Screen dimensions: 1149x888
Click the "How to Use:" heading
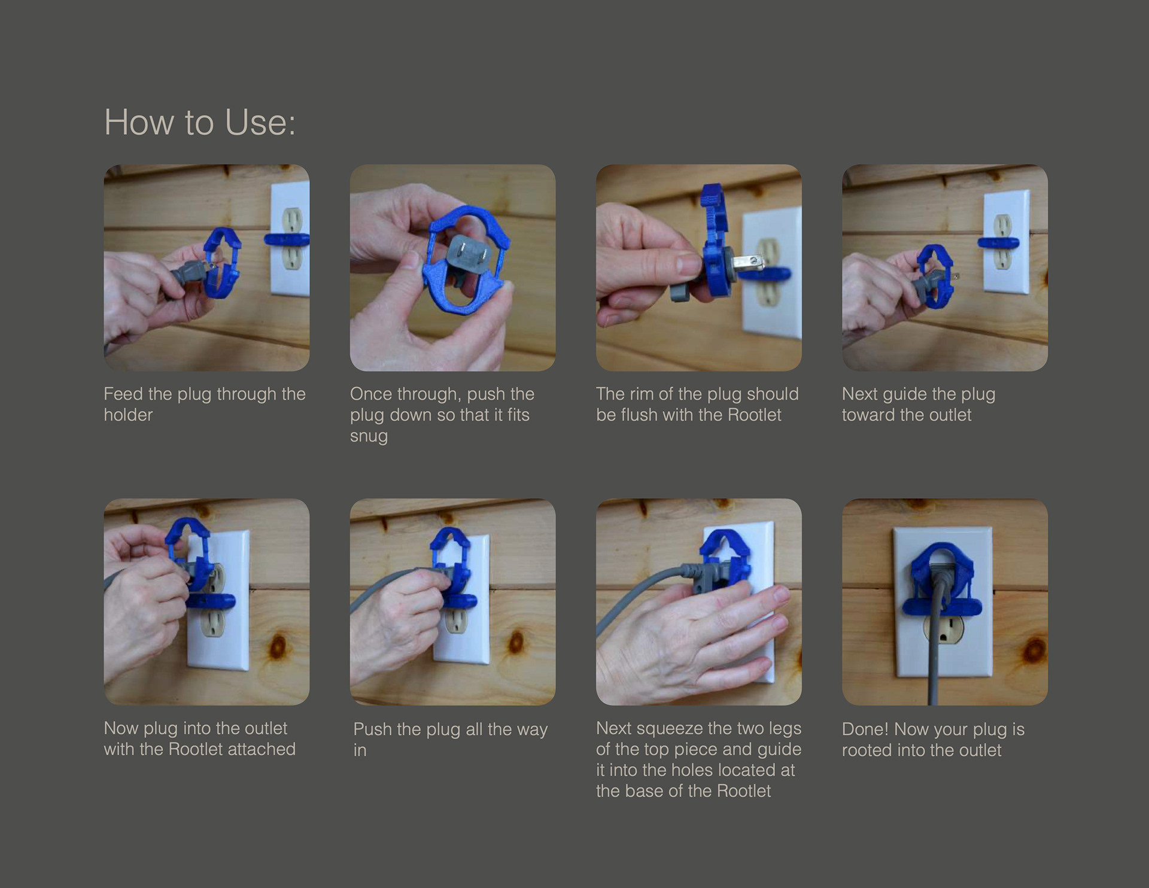200,123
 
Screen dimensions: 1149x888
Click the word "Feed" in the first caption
123,394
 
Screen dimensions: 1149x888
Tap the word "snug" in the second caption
369,436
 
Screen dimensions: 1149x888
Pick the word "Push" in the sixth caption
372,729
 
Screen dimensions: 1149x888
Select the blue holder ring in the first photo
223,263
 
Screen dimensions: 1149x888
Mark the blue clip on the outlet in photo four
998,242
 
